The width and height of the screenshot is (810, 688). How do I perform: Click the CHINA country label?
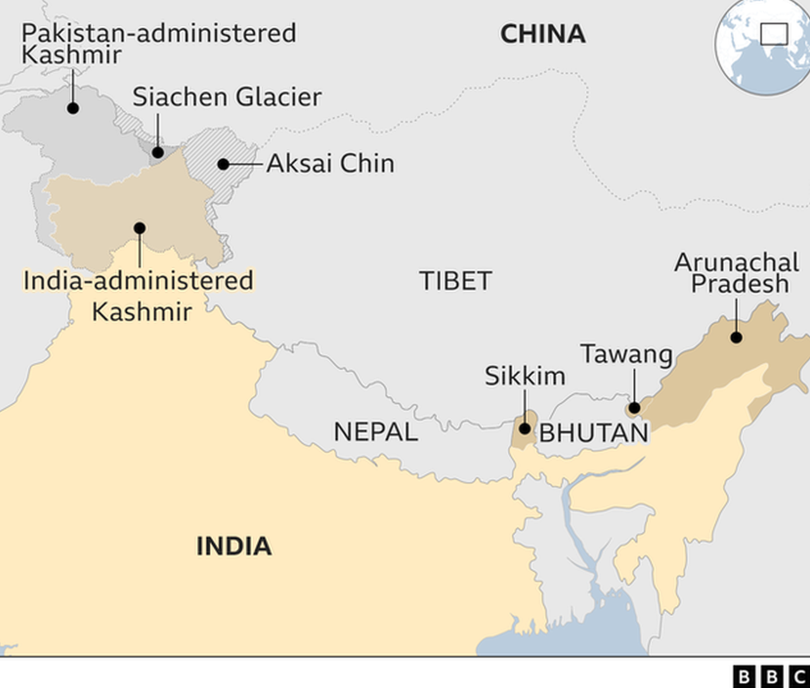tap(542, 34)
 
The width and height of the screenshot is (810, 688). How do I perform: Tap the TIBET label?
tap(456, 281)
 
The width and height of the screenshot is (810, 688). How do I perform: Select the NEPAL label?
tap(376, 432)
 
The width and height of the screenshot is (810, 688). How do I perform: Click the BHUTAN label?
tap(594, 433)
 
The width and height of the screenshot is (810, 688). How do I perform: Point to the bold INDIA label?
tap(234, 546)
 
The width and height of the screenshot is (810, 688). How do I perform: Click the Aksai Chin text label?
tap(330, 163)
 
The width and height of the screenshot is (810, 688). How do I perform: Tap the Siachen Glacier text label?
tap(227, 97)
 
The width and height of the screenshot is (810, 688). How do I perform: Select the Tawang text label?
tap(626, 355)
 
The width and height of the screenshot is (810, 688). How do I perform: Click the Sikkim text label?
tap(525, 376)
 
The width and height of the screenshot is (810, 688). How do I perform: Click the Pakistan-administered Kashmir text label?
tap(158, 43)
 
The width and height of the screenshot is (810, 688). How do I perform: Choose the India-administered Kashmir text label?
tap(139, 296)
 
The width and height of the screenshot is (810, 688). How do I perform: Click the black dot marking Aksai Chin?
tap(223, 164)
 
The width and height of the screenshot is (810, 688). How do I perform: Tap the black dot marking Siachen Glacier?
tap(158, 152)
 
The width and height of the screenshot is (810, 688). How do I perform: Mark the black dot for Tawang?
tap(634, 408)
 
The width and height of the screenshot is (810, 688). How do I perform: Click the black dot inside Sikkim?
tap(525, 429)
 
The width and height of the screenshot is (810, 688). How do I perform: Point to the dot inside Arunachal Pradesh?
tap(736, 337)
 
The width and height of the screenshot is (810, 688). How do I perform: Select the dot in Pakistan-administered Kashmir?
tap(73, 108)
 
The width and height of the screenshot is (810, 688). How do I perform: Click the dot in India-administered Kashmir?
tap(140, 228)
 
